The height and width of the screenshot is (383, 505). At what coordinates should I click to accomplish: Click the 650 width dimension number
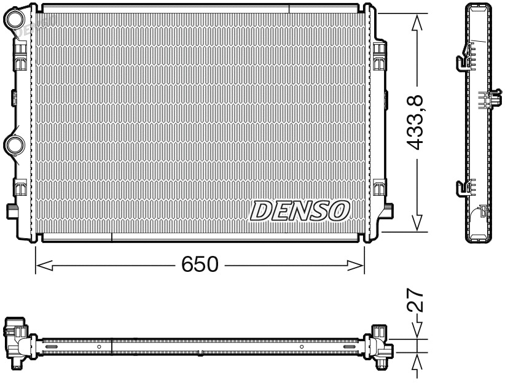click(x=200, y=265)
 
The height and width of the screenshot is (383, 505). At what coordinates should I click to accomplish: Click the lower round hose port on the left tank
click(x=14, y=144)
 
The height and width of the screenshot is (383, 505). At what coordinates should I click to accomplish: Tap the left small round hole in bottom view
click(x=99, y=347)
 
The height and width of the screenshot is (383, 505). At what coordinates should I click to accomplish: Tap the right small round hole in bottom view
click(x=302, y=347)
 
